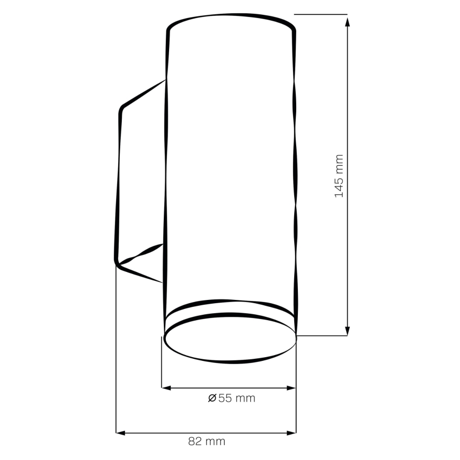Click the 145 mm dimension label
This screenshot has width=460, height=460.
click(339, 176)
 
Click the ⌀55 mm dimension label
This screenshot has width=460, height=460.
click(232, 398)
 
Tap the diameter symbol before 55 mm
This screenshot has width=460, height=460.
click(212, 398)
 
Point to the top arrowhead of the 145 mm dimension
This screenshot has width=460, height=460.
click(347, 20)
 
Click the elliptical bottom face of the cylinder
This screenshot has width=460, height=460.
click(229, 339)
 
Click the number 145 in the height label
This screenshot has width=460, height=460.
click(339, 185)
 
